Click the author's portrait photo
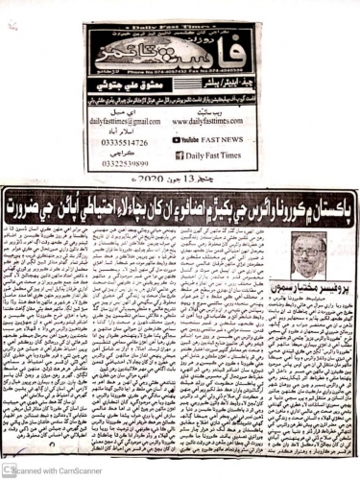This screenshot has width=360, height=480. (x=308, y=257)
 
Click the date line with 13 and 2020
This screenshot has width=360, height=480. (x=179, y=179)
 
